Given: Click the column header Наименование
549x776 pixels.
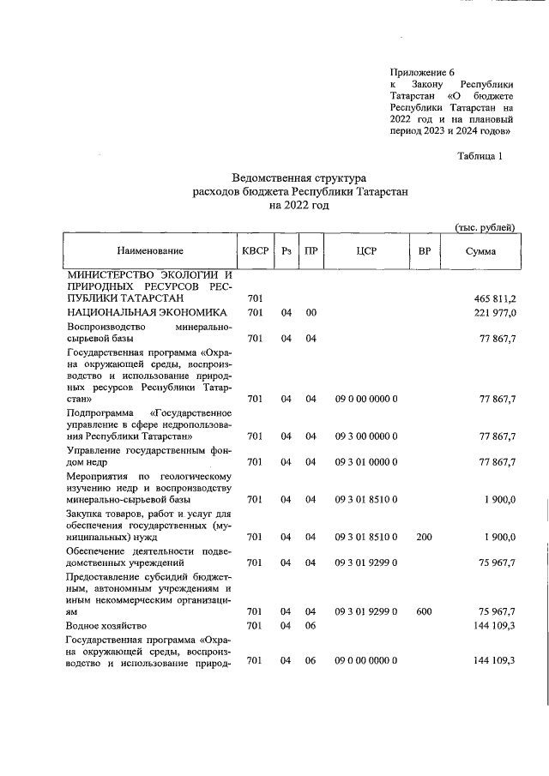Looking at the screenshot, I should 151,250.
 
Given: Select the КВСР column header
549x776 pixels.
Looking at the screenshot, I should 255,250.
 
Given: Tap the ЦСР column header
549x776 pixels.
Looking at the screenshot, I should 366,250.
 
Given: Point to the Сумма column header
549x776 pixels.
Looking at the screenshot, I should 480,250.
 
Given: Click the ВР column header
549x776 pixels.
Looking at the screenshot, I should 424,250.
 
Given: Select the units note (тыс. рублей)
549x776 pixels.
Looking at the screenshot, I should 484,227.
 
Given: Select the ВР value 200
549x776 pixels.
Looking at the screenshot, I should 424,538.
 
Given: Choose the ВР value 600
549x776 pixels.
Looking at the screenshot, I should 424,611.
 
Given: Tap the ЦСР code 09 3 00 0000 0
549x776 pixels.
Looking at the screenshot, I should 366,436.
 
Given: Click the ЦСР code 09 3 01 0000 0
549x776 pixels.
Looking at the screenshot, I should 366,463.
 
